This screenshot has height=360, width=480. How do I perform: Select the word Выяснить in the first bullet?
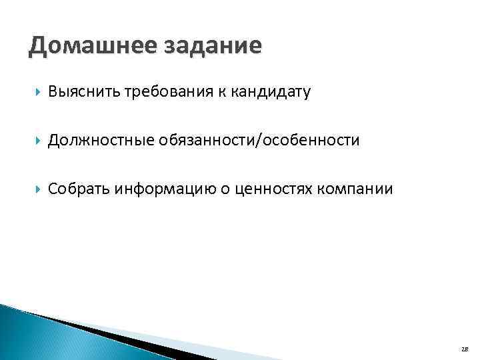coord(83,93)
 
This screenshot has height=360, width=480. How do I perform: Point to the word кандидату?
coord(271,93)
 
